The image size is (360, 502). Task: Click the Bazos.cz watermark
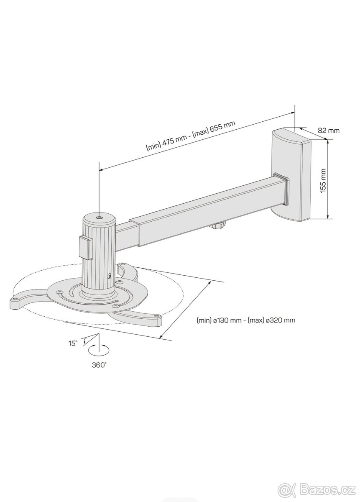click(x=317, y=489)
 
